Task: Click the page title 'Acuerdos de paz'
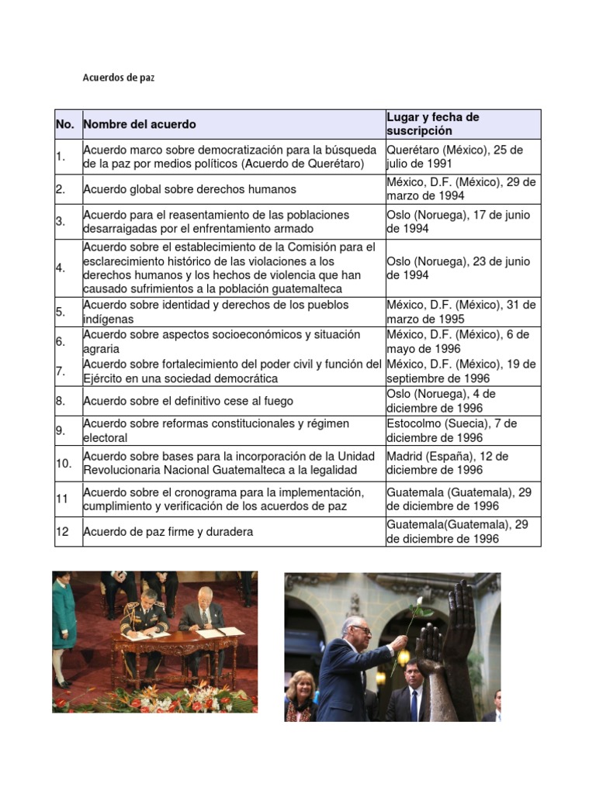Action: (118, 78)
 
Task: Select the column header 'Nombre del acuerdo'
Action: (140, 124)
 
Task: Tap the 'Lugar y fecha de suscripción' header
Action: (433, 124)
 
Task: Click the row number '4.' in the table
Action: (61, 268)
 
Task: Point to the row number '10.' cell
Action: (64, 463)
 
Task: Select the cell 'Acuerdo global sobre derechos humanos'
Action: (189, 189)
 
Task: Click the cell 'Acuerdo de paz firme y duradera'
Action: (168, 532)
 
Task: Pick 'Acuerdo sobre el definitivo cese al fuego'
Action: (188, 401)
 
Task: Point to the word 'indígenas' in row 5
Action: (109, 319)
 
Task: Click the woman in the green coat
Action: (64, 620)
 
